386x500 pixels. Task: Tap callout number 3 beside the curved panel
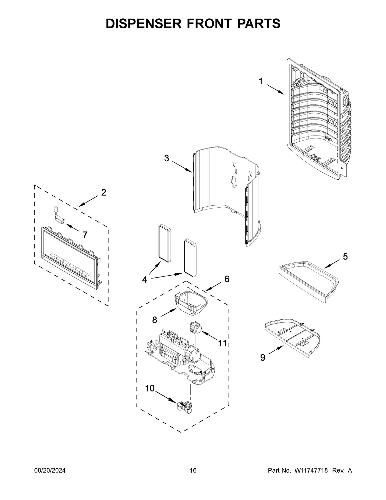[x=166, y=158]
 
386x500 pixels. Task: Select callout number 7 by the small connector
[x=85, y=235]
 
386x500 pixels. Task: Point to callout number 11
[x=222, y=343]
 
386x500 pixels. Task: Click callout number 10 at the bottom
[x=150, y=389]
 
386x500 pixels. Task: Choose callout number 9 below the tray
[x=263, y=357]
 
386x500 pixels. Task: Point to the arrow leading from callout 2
[x=88, y=201]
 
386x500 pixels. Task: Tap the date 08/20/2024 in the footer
[x=50, y=471]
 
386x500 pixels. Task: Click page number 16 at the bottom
[x=193, y=471]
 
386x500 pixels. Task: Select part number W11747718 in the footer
[x=311, y=471]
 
